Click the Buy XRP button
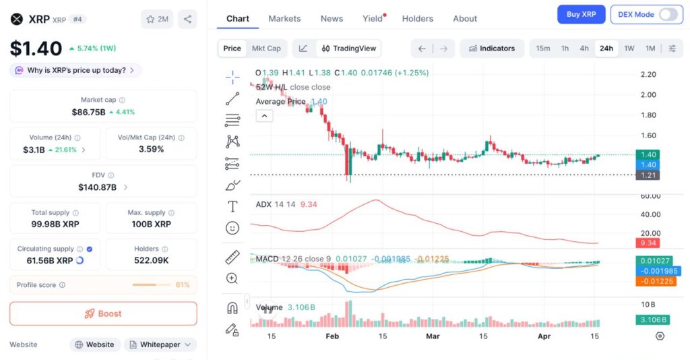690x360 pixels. pos(581,14)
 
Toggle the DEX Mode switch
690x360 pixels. pos(668,14)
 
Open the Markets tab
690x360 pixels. pos(284,18)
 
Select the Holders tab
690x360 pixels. pos(417,18)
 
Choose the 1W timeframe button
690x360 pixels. pos(629,49)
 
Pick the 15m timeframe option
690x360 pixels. pos(542,49)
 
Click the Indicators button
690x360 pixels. pos(492,49)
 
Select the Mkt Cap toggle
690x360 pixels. pos(266,49)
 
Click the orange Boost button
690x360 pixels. pos(103,313)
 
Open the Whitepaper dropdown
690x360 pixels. pos(160,344)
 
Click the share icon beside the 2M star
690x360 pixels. pos(187,20)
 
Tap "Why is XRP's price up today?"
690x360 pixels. pos(75,70)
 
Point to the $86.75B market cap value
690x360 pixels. pos(88,112)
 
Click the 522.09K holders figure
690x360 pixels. pos(152,260)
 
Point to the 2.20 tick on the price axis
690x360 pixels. pos(648,74)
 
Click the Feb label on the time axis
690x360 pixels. pos(332,336)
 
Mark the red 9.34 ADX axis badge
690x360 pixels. pos(648,243)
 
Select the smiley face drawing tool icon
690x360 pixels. pos(232,228)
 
